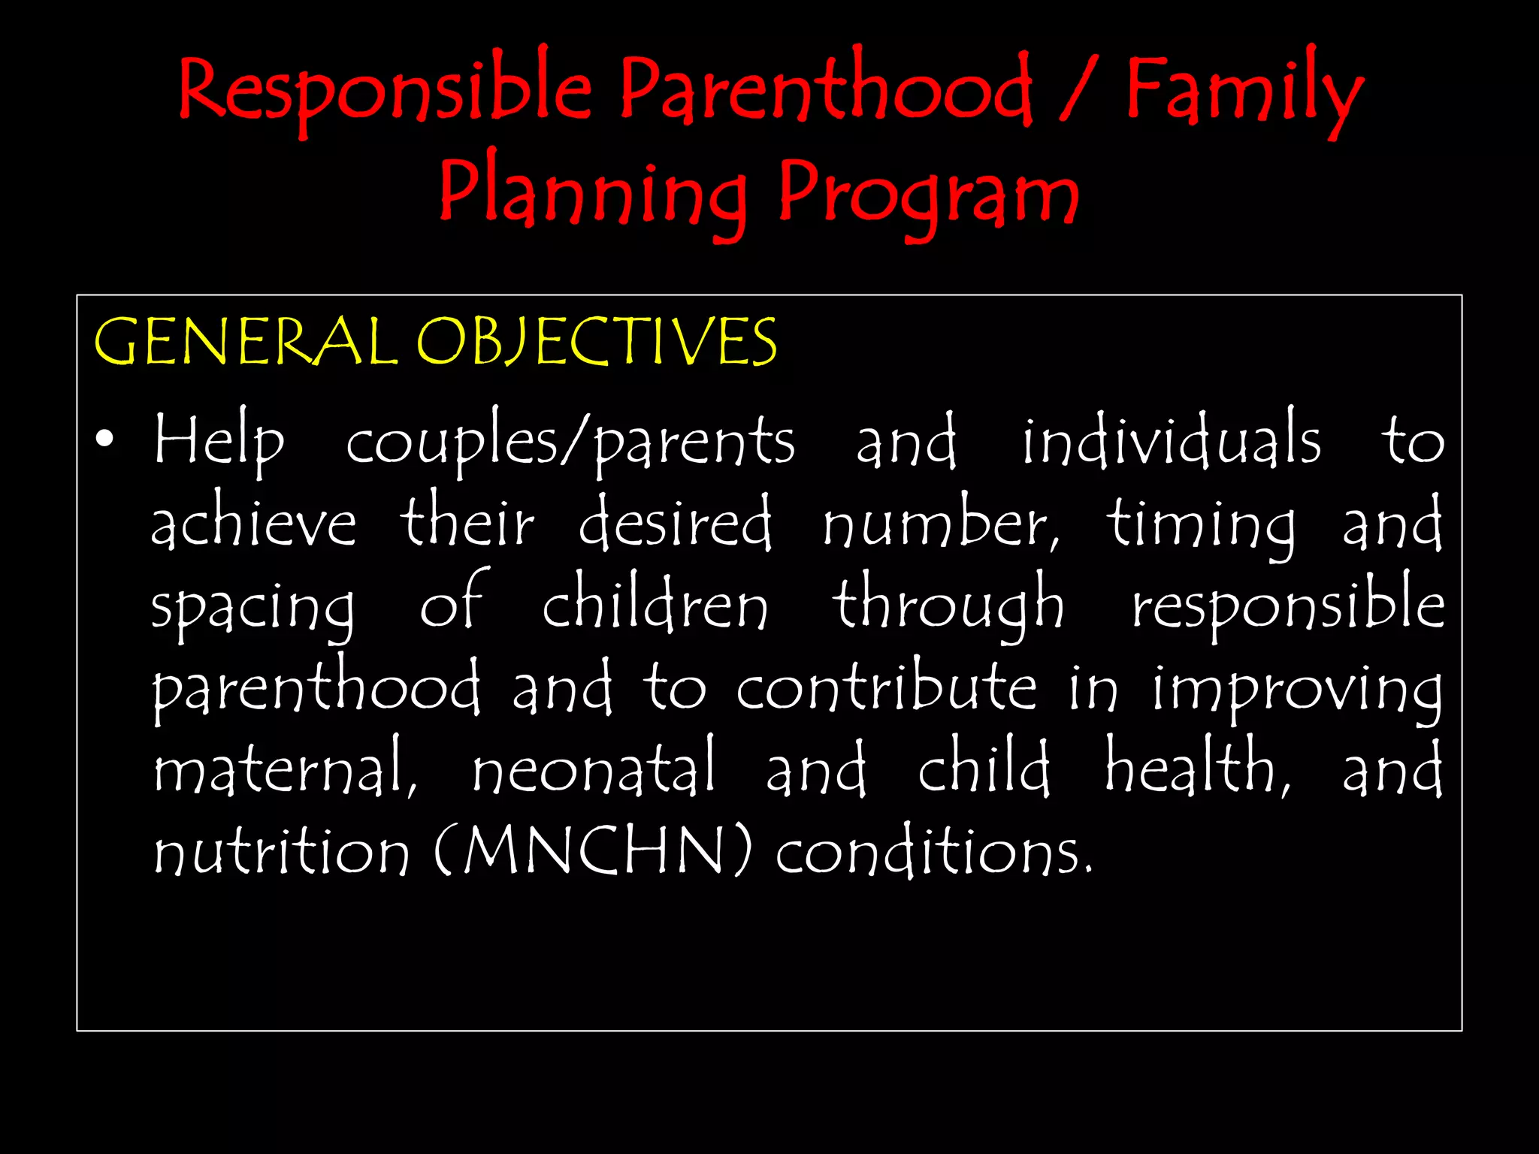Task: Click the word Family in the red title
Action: [1244, 92]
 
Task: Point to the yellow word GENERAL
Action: [246, 342]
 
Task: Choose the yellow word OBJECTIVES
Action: [597, 342]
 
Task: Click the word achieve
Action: [253, 522]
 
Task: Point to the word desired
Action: [675, 522]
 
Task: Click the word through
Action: [948, 605]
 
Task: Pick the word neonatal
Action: [594, 768]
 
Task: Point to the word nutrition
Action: [282, 851]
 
